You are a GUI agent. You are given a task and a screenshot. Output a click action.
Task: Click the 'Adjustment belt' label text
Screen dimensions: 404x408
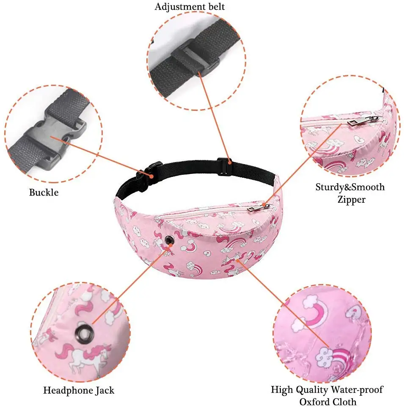(x=190, y=7)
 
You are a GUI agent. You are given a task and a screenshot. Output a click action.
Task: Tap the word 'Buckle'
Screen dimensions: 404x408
(x=44, y=193)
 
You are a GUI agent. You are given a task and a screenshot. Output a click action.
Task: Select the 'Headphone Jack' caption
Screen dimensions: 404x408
(x=79, y=390)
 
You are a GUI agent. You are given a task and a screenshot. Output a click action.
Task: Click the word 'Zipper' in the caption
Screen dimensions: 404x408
(x=351, y=200)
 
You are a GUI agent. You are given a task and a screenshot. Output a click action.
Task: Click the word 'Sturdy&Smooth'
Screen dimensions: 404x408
(x=350, y=187)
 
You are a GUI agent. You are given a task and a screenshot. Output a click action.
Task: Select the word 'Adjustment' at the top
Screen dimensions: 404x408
(x=176, y=7)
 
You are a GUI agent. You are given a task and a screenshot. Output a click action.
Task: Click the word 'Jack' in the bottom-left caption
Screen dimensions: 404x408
(x=104, y=390)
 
